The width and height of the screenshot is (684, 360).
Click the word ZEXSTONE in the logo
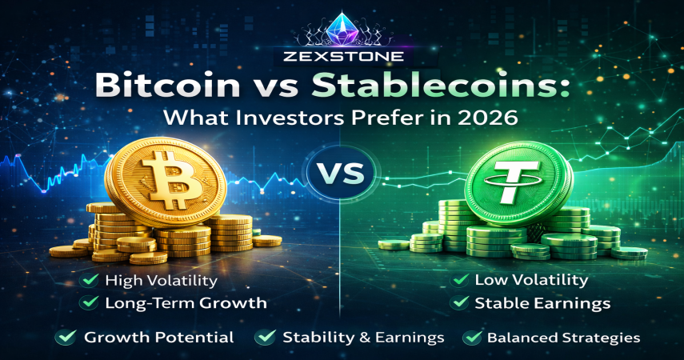click(x=342, y=56)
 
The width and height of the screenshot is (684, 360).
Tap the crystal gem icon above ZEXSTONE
click(x=342, y=30)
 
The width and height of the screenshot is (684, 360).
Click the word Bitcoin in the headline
click(x=167, y=85)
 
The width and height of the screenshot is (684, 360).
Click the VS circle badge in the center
click(x=342, y=174)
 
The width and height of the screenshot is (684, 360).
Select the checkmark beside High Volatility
click(x=90, y=280)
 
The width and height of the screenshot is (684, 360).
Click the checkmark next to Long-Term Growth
click(x=90, y=302)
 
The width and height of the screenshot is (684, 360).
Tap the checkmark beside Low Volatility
click(x=461, y=279)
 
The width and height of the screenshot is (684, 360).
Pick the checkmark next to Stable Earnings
click(x=460, y=302)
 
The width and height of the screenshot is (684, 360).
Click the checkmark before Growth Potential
click(x=66, y=337)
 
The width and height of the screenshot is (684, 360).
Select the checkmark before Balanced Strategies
click(x=472, y=337)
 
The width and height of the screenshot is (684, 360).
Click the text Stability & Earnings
click(x=363, y=338)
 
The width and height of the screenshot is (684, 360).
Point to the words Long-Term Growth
click(x=186, y=303)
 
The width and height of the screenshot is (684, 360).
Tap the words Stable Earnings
click(x=542, y=303)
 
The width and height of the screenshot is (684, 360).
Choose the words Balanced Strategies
click(x=564, y=338)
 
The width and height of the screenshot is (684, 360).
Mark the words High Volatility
click(x=161, y=281)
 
